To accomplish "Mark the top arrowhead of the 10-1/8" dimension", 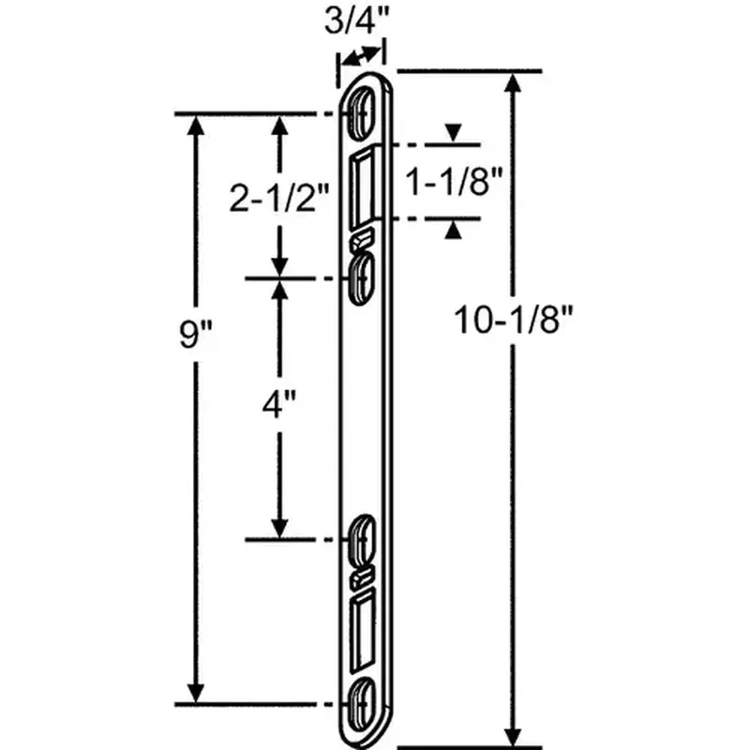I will pyautogui.click(x=513, y=84).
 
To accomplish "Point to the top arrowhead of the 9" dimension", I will pyautogui.click(x=197, y=127).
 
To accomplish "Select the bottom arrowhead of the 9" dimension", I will pyautogui.click(x=197, y=690).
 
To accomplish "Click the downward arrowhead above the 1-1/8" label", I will pyautogui.click(x=453, y=133).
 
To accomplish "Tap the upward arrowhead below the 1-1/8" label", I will pyautogui.click(x=453, y=231).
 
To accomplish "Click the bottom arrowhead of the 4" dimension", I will pyautogui.click(x=279, y=526).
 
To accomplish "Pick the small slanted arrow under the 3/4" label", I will pyautogui.click(x=361, y=58).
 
